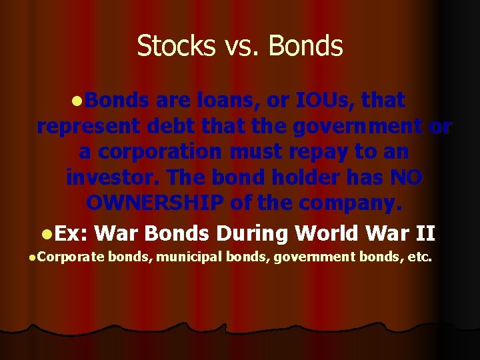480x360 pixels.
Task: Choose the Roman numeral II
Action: tap(425, 234)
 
